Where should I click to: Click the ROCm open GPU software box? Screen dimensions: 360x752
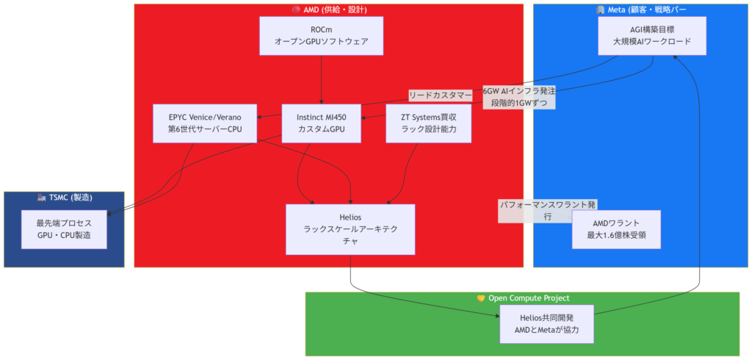click(322, 36)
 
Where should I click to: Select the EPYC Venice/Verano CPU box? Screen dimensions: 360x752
click(206, 123)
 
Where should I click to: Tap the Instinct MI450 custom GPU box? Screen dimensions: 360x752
click(322, 123)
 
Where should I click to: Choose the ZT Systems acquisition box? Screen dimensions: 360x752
click(428, 123)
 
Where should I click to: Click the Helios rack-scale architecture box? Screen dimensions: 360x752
click(350, 229)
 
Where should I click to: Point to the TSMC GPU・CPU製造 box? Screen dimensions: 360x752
click(64, 228)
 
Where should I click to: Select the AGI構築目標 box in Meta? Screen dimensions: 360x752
click(652, 36)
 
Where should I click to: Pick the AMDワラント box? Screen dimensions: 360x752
click(616, 229)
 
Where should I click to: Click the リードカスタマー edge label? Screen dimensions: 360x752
click(441, 96)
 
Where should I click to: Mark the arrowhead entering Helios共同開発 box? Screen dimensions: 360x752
click(496, 315)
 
